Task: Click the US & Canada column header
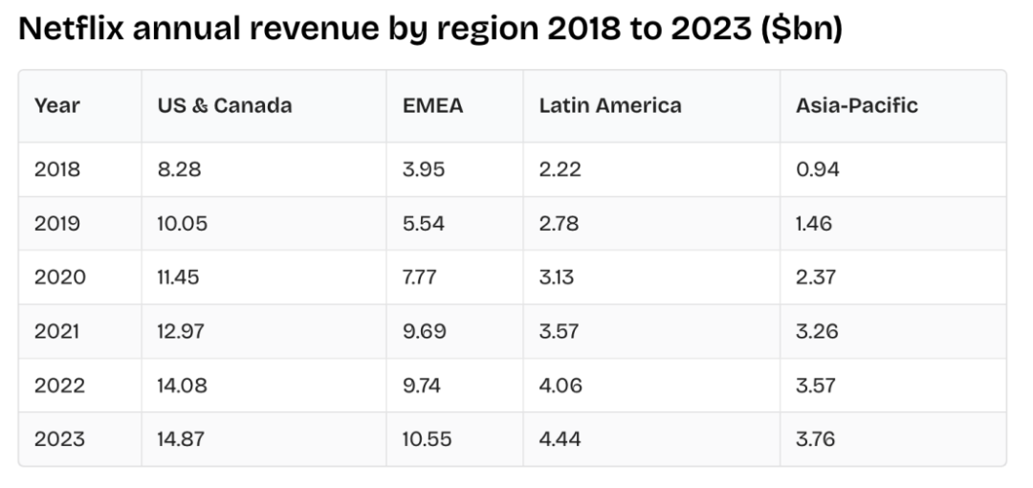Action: click(224, 106)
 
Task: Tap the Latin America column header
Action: click(610, 106)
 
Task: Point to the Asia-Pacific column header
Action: click(856, 106)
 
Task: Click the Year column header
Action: click(56, 106)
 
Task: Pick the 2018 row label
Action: click(58, 170)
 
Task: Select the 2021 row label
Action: click(58, 332)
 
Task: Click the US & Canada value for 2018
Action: click(180, 170)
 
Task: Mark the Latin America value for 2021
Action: click(560, 332)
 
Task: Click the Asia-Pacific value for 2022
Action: click(816, 387)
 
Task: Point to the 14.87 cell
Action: click(183, 440)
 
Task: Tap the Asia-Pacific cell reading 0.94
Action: click(817, 170)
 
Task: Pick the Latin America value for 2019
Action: click(560, 224)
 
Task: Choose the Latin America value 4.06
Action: click(560, 387)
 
